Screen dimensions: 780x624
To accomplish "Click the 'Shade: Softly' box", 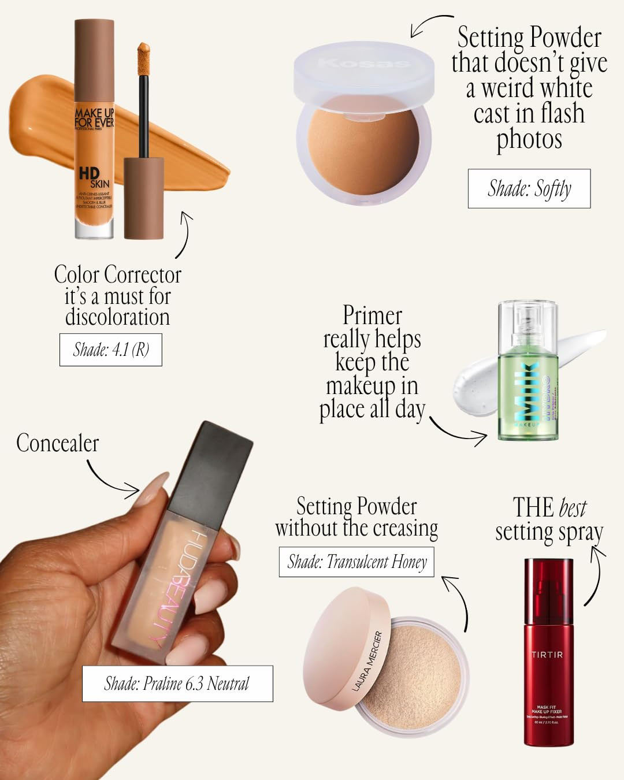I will click(x=529, y=188).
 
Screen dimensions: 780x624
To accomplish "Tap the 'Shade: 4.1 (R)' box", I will click(x=111, y=350).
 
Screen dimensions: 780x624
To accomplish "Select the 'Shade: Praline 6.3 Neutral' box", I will click(x=177, y=684).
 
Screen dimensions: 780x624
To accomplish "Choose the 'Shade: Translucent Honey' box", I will click(x=356, y=562).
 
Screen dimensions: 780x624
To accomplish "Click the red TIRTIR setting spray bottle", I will click(x=548, y=653).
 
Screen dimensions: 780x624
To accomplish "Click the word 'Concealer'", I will click(x=57, y=443).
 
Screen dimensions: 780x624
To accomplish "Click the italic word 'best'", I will click(x=573, y=508).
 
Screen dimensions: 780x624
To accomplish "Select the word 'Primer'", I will click(x=372, y=315).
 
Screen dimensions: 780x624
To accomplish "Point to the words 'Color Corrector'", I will click(x=117, y=274).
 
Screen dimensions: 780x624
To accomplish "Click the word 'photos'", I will click(x=529, y=139).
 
